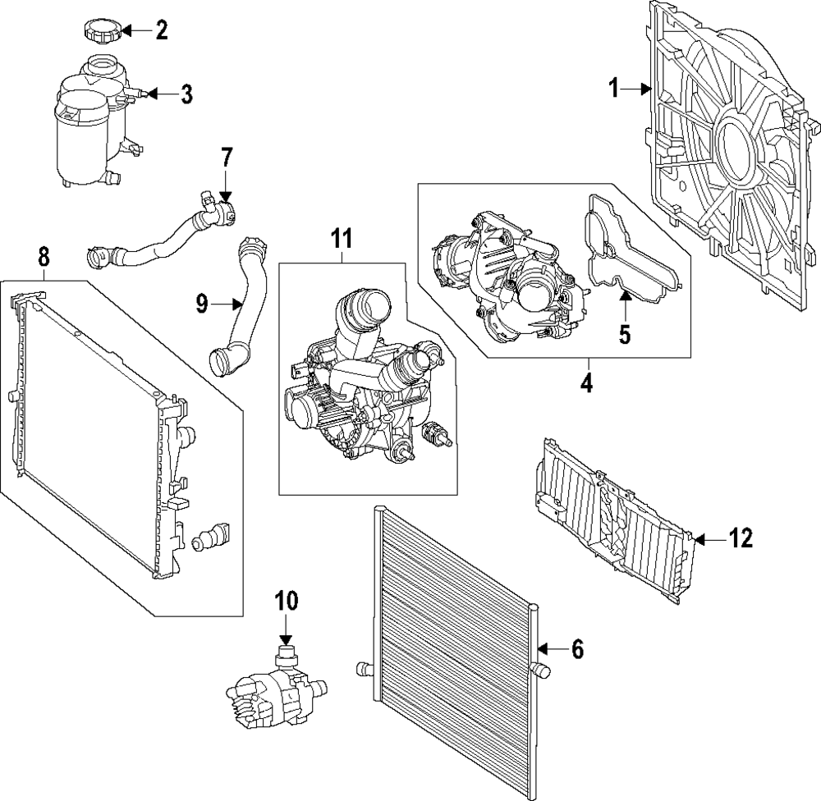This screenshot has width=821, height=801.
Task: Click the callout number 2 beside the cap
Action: tap(162, 32)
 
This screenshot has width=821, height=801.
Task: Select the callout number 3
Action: tap(186, 94)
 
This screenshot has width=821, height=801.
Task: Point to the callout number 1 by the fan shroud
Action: tap(613, 88)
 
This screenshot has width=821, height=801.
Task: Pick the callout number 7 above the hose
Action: tap(227, 155)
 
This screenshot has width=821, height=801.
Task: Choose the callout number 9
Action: tap(202, 304)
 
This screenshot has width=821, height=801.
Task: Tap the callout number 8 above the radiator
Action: tap(44, 256)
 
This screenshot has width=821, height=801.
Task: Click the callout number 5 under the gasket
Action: tap(624, 334)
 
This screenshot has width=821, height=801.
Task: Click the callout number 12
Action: tap(741, 538)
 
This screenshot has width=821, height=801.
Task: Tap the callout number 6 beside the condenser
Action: tap(576, 650)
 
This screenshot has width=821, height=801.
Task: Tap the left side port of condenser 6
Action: tap(365, 668)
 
